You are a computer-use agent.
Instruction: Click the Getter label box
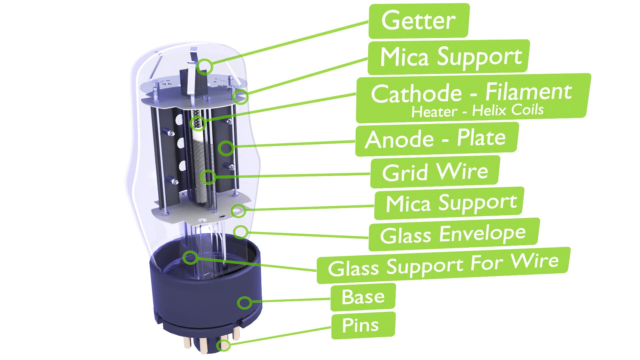tap(419, 21)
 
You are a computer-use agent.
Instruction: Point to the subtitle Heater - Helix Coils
tap(477, 111)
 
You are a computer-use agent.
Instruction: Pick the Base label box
tap(363, 297)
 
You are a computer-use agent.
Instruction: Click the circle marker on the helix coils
tap(198, 123)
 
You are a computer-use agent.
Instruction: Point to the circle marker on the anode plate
tap(226, 148)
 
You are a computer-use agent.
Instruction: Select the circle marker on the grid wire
tap(208, 177)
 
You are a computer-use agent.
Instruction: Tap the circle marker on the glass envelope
tap(241, 232)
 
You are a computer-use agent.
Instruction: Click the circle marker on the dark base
tap(244, 303)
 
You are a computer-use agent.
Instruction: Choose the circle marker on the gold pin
tap(224, 345)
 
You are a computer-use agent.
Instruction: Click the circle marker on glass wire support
tap(190, 257)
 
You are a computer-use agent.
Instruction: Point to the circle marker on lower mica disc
tap(238, 211)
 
